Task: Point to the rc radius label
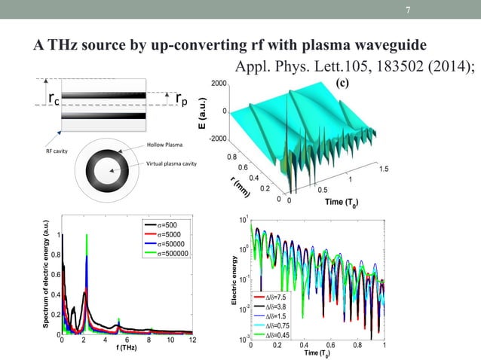(x=55, y=99)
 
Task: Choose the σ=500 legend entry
(x=168, y=225)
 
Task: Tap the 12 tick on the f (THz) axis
(x=193, y=341)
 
